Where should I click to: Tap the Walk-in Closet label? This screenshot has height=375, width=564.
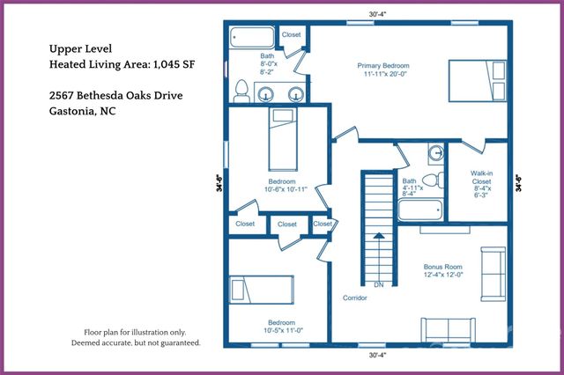tap(481, 180)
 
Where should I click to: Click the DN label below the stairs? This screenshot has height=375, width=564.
tap(377, 284)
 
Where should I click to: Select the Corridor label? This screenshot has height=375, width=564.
tap(355, 298)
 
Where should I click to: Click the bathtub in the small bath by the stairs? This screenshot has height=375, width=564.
tap(421, 210)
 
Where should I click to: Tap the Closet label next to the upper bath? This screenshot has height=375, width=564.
tap(291, 34)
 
